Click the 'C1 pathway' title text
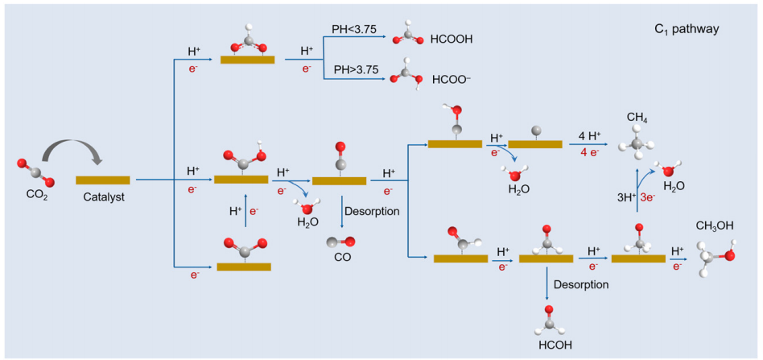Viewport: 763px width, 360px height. click(x=687, y=29)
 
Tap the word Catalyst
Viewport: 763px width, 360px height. click(x=103, y=196)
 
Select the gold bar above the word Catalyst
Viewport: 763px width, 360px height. click(x=103, y=179)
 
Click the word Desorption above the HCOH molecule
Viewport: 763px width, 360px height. click(x=581, y=284)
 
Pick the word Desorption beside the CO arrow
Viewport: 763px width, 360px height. click(x=373, y=211)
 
